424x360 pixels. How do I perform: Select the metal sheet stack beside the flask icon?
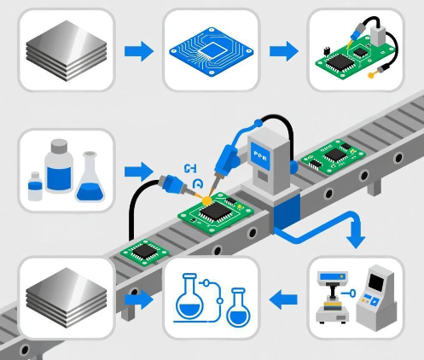click(65, 298)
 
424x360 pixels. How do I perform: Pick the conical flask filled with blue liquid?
click(89, 178)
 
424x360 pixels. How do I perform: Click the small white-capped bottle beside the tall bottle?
click(35, 187)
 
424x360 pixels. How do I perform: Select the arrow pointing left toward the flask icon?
click(283, 299)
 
